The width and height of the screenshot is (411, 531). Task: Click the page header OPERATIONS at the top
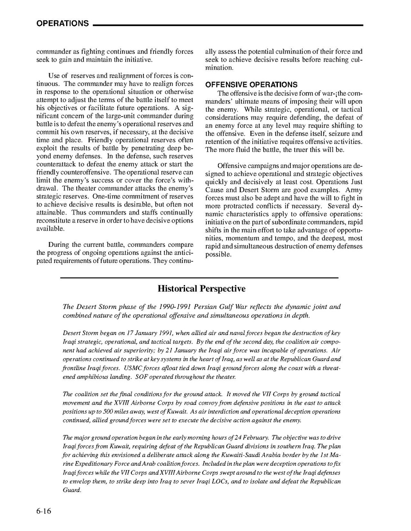[x=63, y=24]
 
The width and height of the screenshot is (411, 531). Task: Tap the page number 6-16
[x=44, y=511]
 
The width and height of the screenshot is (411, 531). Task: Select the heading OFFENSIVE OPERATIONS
[x=251, y=85]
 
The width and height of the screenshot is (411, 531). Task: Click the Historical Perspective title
[x=201, y=289]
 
